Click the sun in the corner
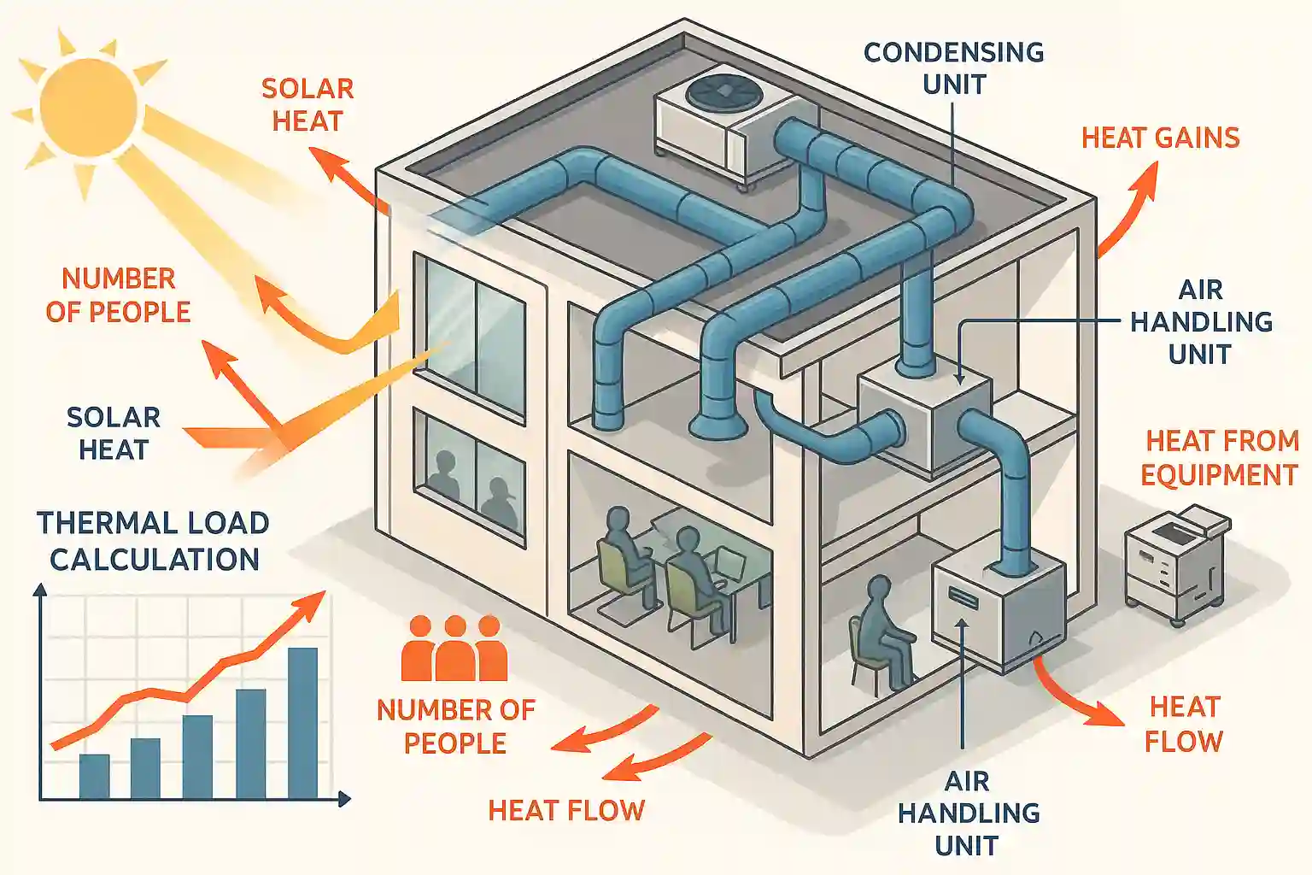point(88,107)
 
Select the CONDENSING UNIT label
point(953,68)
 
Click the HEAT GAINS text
point(1160,138)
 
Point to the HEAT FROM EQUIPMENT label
point(1220,458)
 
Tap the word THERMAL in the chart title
point(95,523)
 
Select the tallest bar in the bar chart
point(302,723)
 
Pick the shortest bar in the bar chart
point(94,776)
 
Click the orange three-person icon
point(454,649)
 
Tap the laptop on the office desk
point(729,563)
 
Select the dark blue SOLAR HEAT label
point(114,433)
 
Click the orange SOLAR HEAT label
point(307,104)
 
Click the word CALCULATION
point(155,560)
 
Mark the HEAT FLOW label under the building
point(566,810)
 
